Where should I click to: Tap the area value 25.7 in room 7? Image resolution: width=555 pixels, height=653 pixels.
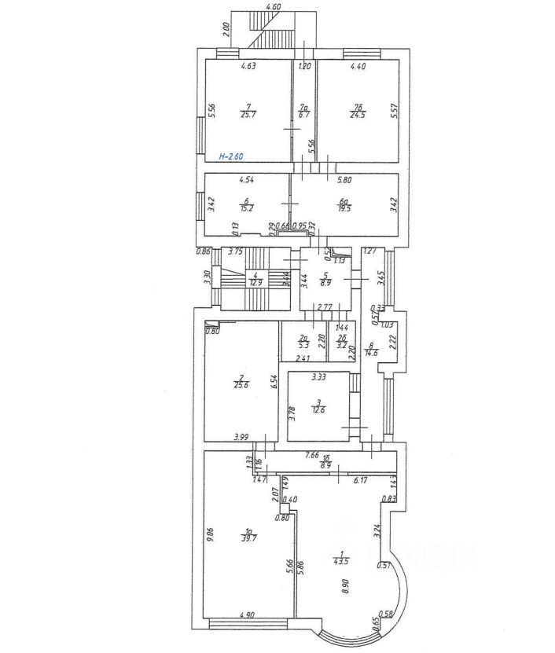(248, 114)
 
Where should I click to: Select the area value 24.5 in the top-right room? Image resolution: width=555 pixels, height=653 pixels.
(358, 114)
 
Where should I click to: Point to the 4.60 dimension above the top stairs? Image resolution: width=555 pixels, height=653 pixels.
(274, 6)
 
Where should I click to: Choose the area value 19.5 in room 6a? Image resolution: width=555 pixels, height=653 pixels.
(344, 208)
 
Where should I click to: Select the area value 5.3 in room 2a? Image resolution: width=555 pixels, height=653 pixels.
(304, 343)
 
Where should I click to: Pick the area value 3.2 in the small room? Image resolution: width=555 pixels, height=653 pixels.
(341, 344)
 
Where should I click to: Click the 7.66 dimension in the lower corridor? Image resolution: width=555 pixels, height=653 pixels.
(312, 454)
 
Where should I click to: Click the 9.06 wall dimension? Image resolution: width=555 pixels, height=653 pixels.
(211, 534)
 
